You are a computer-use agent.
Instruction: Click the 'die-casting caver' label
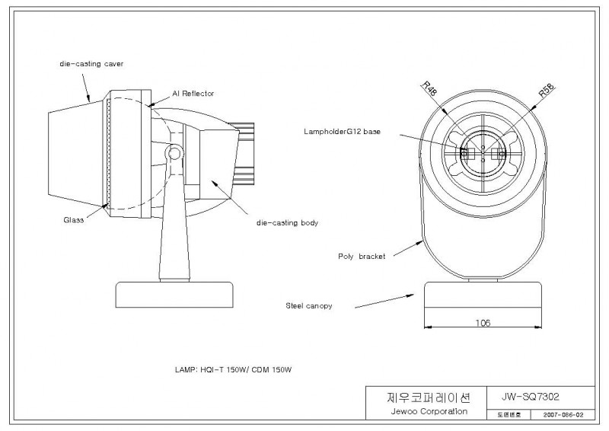pyautogui.click(x=91, y=64)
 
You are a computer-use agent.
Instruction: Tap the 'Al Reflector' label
pyautogui.click(x=193, y=93)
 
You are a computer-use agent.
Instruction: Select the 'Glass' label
pyautogui.click(x=73, y=220)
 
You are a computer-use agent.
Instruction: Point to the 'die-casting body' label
pyautogui.click(x=288, y=222)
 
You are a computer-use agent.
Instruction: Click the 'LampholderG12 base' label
pyautogui.click(x=342, y=132)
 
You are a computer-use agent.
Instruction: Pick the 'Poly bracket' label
pyautogui.click(x=362, y=256)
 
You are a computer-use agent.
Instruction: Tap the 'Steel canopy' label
pyautogui.click(x=309, y=306)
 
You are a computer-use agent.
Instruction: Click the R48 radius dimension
pyautogui.click(x=430, y=88)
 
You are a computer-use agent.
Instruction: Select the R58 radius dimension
pyautogui.click(x=547, y=91)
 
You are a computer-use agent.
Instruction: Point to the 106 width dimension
pyautogui.click(x=483, y=323)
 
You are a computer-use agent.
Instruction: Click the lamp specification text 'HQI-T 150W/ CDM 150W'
pyautogui.click(x=246, y=369)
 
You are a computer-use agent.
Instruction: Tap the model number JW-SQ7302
pyautogui.click(x=530, y=397)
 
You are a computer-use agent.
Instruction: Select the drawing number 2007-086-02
pyautogui.click(x=563, y=415)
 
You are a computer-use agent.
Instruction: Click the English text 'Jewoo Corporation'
pyautogui.click(x=429, y=411)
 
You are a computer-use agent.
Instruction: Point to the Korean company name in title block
pyautogui.click(x=429, y=397)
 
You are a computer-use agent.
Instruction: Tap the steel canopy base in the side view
pyautogui.click(x=175, y=295)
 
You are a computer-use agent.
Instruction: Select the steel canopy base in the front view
pyautogui.click(x=483, y=295)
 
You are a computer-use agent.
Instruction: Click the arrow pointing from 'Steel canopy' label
pyautogui.click(x=384, y=302)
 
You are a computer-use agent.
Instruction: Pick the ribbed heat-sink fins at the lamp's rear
pyautogui.click(x=244, y=154)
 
